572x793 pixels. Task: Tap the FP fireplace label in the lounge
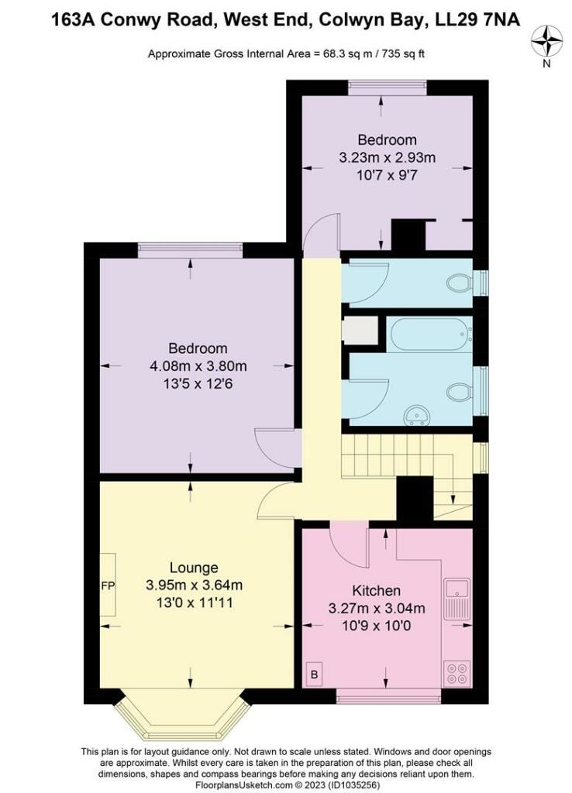coord(107,585)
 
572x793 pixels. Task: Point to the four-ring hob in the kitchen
coord(453,671)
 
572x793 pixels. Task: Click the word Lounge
coord(195,568)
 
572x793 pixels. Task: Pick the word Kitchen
coord(376,590)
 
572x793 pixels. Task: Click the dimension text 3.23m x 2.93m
coord(387,157)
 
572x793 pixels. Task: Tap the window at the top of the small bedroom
coord(387,88)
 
